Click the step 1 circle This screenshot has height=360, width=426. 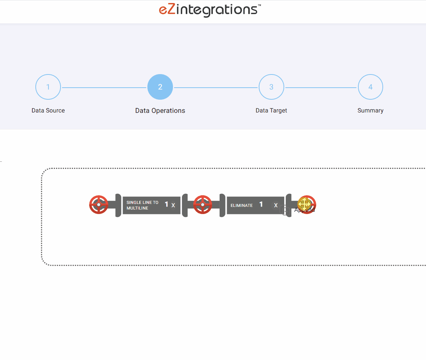click(48, 87)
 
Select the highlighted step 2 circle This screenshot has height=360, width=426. click(160, 87)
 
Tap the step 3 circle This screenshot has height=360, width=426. click(271, 87)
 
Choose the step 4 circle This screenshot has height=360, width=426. click(370, 87)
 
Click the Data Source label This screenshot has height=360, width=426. click(48, 111)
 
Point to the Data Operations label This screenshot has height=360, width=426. click(160, 111)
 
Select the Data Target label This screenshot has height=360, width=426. click(271, 111)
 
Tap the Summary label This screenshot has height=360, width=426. click(370, 111)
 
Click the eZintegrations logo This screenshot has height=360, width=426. click(210, 10)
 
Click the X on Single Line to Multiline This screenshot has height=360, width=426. click(173, 205)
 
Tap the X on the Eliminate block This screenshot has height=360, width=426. click(276, 205)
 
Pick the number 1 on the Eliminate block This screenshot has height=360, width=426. click(261, 205)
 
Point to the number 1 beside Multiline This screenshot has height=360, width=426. click(167, 205)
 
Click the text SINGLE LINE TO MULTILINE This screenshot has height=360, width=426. click(143, 205)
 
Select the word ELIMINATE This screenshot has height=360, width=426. click(242, 205)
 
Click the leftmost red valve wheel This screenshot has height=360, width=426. click(99, 205)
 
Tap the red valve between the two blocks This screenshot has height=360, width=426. click(203, 205)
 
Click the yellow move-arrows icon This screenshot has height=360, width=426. click(304, 204)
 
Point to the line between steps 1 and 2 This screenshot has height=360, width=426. click(104, 88)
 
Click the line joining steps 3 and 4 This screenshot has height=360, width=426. click(321, 88)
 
